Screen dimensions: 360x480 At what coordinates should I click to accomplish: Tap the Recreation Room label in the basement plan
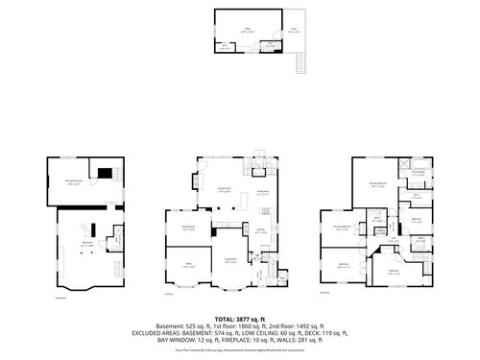pyautogui.click(x=73, y=183)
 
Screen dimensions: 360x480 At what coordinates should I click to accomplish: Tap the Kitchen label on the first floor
pyautogui.click(x=260, y=230)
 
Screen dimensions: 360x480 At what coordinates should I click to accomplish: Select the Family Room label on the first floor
pyautogui.click(x=227, y=190)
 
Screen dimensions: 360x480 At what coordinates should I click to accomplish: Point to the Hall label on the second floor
pyautogui.click(x=394, y=239)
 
